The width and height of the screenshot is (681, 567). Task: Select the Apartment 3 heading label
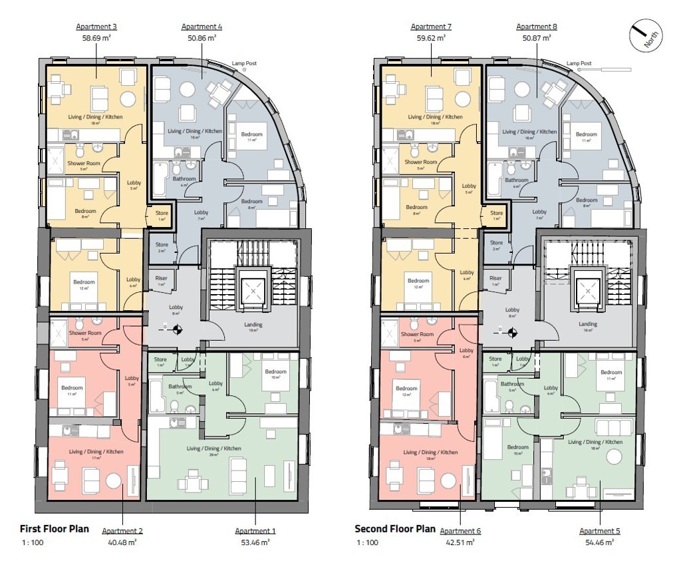[96, 27]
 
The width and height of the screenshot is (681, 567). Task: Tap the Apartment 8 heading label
[537, 27]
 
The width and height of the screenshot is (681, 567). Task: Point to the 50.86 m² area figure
[202, 39]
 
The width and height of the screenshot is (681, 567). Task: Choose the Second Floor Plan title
[395, 529]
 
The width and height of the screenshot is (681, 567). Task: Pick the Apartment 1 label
[255, 531]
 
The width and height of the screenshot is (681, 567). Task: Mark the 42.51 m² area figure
[460, 542]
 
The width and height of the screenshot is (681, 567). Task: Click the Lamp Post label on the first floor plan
[244, 64]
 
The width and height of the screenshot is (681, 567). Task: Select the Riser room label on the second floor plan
[495, 279]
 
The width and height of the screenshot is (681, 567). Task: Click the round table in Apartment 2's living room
[114, 480]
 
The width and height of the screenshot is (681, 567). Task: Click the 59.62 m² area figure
[431, 39]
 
